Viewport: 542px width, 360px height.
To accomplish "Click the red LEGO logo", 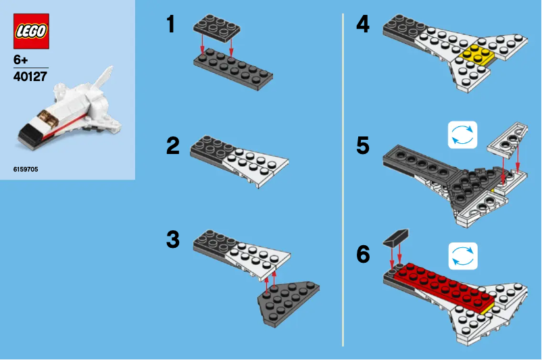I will pos(31,31).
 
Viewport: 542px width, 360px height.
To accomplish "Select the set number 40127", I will pos(30,76).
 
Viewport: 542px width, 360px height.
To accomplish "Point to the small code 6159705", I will pos(26,169).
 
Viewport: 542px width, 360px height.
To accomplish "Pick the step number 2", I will pos(174,146).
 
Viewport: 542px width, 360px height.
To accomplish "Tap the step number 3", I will pos(174,240).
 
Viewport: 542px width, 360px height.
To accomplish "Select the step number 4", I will pos(363,25).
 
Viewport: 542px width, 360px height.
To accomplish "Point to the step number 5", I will pos(363,145).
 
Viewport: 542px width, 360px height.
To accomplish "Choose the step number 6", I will pos(363,255).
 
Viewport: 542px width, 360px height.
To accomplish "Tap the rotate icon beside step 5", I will pos(462,135).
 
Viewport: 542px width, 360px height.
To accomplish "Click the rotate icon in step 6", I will pos(462,256).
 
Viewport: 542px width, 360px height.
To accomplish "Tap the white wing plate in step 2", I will pos(257,162).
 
